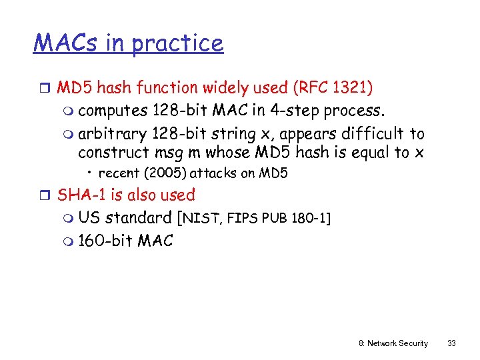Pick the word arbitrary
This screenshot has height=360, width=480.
pos(112,133)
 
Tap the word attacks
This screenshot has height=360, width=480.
pos(213,174)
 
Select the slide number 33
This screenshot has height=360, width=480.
pos(451,343)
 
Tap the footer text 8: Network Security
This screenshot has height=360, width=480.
pos(393,343)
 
